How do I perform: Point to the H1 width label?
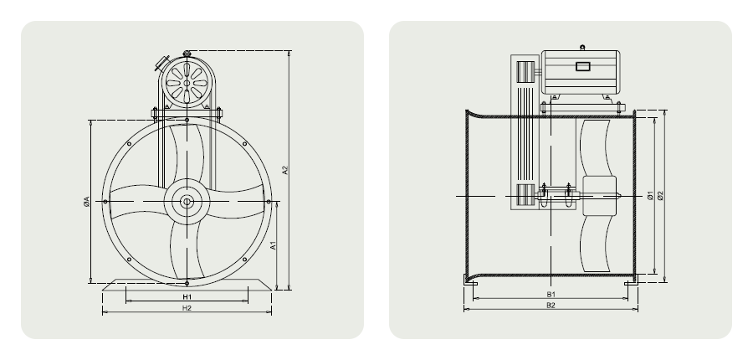click(187, 296)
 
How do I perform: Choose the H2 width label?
click(187, 308)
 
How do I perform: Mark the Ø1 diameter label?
click(650, 195)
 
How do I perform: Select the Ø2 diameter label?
click(661, 195)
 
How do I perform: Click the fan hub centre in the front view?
click(185, 201)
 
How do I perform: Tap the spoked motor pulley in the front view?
click(185, 83)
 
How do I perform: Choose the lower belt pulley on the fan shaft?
click(526, 198)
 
